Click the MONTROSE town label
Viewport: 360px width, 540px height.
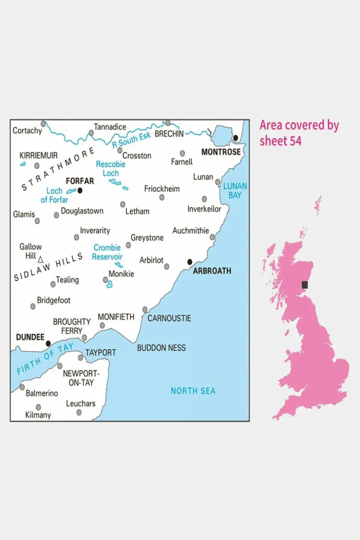coord(221,152)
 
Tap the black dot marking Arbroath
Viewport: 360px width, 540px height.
coord(190,262)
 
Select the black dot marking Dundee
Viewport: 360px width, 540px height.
coord(48,343)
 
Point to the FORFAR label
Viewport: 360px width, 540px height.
coord(80,181)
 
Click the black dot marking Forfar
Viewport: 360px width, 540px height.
coord(80,191)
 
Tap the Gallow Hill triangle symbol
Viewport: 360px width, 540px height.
coord(41,259)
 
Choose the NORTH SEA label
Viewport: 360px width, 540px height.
coord(193,391)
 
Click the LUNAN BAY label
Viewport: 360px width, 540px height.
coord(235,191)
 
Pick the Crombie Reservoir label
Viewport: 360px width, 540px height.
coord(107,252)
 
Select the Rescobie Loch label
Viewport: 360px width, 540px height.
coord(111,168)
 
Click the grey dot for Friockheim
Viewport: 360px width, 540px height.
coord(162,197)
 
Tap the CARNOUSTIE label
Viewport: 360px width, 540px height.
coord(169,319)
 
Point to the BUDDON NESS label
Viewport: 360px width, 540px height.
coord(161,348)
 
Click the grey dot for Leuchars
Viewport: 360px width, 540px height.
coord(79,412)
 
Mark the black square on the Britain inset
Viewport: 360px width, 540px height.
coord(305,285)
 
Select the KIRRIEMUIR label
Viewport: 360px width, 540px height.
coord(39,155)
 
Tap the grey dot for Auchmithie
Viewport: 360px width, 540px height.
coord(212,237)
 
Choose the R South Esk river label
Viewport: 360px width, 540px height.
coord(131,139)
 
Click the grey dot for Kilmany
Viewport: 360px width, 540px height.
coord(38,407)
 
